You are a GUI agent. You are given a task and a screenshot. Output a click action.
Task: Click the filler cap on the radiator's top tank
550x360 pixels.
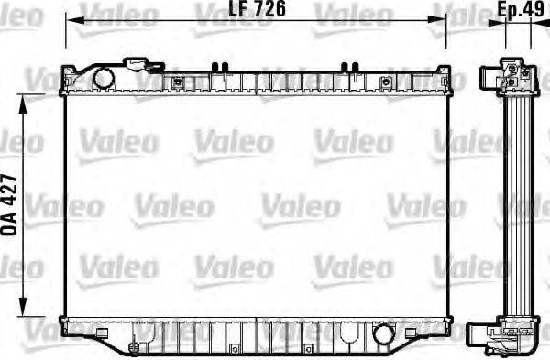[x=143, y=64]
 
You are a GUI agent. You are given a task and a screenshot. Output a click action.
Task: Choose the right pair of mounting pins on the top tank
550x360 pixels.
[x=349, y=67]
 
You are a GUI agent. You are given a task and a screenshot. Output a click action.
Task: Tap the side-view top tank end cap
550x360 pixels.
[x=513, y=77]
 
